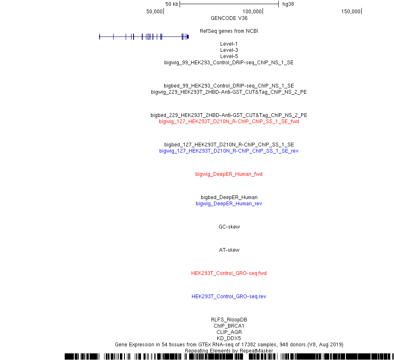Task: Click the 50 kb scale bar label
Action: [x=172, y=4]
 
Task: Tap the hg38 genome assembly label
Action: [x=288, y=4]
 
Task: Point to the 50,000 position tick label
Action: [x=154, y=12]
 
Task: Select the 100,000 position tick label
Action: [x=252, y=12]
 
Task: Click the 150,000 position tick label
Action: [x=351, y=12]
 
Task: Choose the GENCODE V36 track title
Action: [x=229, y=18]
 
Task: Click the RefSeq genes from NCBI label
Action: [x=229, y=31]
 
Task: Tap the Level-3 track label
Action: [x=229, y=50]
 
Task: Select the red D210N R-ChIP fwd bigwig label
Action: [x=229, y=122]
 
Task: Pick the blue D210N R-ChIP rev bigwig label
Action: [x=229, y=151]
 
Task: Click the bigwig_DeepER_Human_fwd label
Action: [x=229, y=174]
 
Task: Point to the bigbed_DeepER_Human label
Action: [x=229, y=197]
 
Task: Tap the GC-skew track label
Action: [x=229, y=226]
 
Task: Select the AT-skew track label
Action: [x=229, y=250]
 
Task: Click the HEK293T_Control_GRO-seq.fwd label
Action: [x=229, y=273]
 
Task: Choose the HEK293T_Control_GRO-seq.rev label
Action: [x=229, y=297]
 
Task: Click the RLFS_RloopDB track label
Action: [x=229, y=319]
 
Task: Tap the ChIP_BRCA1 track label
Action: [x=229, y=326]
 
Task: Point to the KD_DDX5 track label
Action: [x=229, y=338]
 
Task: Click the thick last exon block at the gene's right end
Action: [x=188, y=37]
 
